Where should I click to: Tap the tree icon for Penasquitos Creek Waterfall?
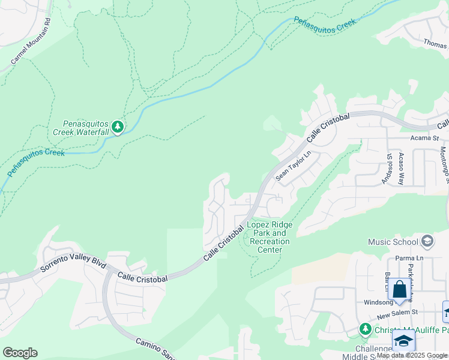pos(118,127)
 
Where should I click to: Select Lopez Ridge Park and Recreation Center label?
pos(270,237)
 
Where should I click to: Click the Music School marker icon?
pos(427,241)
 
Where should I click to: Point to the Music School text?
pos(393,242)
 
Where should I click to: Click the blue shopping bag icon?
pos(399,290)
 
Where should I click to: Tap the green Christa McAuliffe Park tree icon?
pos(365,329)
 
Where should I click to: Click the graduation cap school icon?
pos(404,341)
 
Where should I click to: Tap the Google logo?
pos(20,353)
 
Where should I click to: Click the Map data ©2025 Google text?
pos(412,356)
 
